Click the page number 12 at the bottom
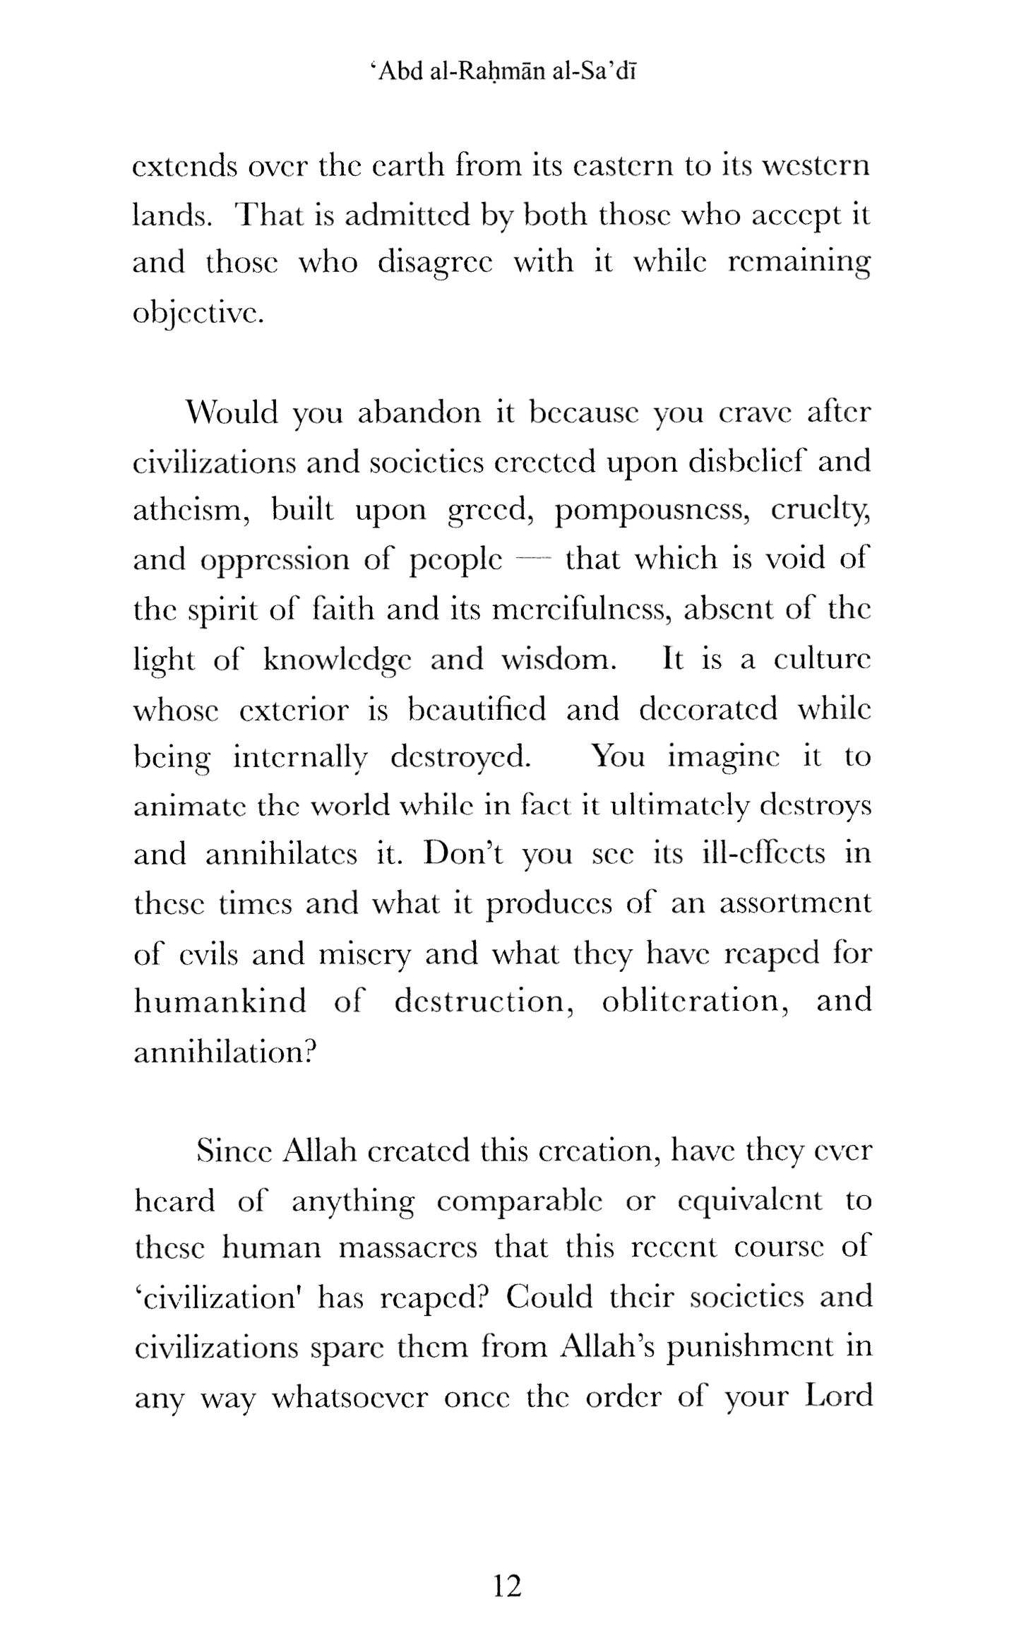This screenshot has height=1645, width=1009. pos(507,1586)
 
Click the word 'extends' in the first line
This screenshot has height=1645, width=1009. pos(185,167)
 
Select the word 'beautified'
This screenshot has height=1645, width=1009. pos(477,708)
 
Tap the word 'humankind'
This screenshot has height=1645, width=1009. pos(220,1002)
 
